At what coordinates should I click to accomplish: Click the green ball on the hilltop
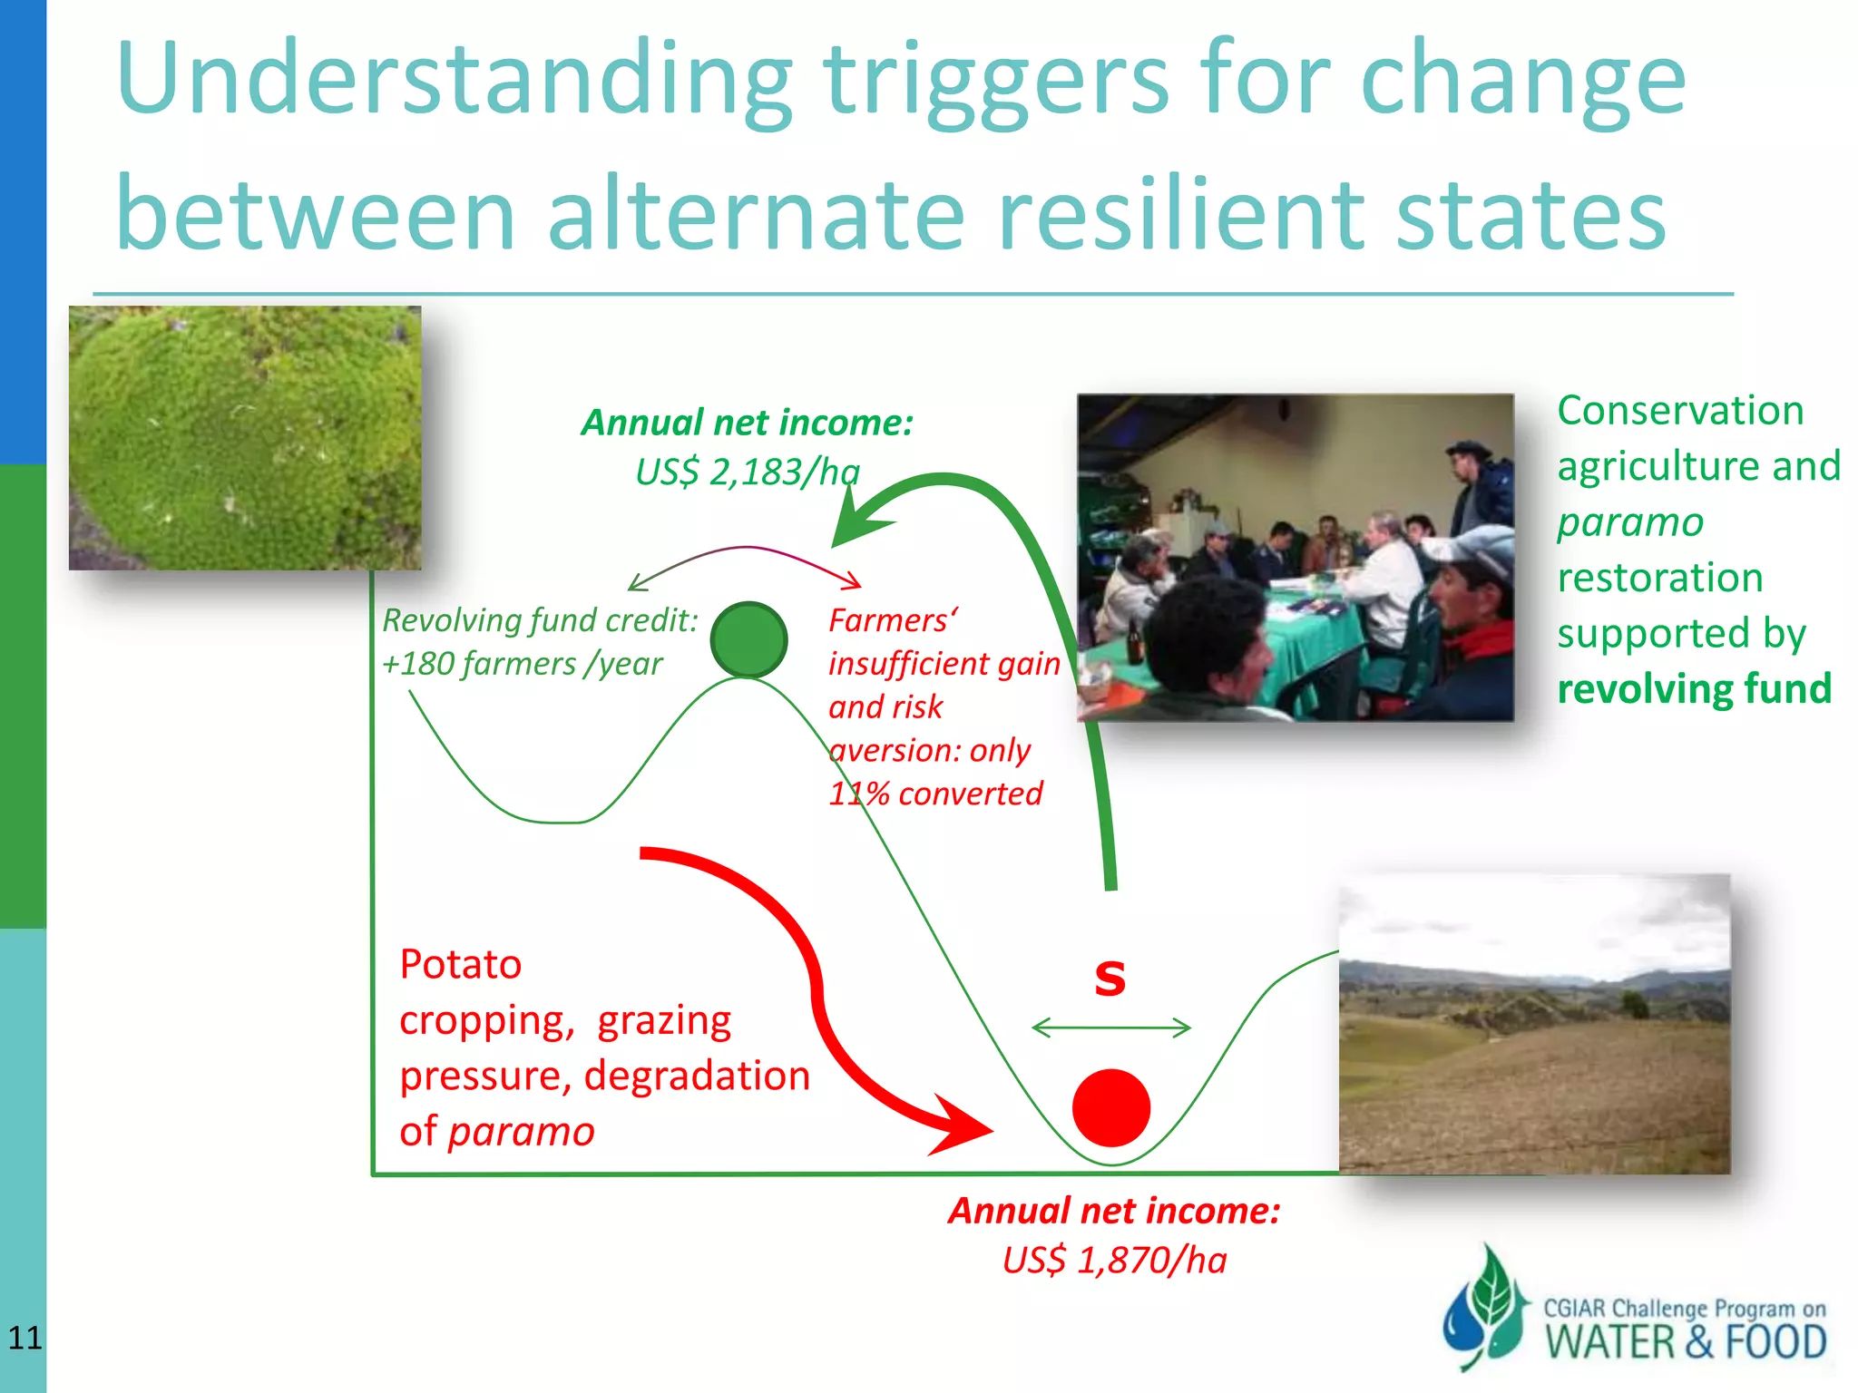[x=748, y=640]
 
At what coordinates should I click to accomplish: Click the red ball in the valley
[x=1110, y=1107]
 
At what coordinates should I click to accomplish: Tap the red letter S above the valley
[x=1110, y=978]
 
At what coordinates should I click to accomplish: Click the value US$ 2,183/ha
[x=747, y=472]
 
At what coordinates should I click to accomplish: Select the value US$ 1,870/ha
[x=1114, y=1260]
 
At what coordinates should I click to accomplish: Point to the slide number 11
[x=24, y=1338]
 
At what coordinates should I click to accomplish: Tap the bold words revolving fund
[x=1694, y=688]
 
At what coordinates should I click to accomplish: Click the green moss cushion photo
[x=245, y=437]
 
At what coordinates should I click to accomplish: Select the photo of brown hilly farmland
[x=1533, y=1025]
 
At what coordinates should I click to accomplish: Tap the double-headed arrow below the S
[x=1110, y=1028]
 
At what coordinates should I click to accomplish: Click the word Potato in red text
[x=461, y=964]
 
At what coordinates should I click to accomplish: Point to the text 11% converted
[x=934, y=794]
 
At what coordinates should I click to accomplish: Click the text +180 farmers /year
[x=522, y=664]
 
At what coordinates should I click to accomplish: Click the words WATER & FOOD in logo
[x=1685, y=1342]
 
